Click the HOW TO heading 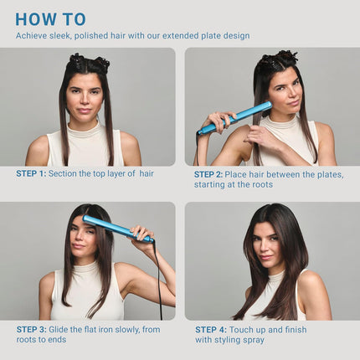click(x=50, y=18)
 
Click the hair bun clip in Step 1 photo click(x=88, y=62)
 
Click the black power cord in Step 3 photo click(x=159, y=285)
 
